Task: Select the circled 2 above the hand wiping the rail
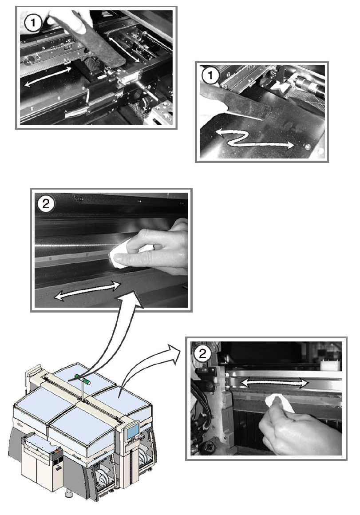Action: pos(46,204)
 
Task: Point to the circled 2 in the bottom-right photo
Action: pos(203,353)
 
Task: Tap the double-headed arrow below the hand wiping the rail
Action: pos(87,290)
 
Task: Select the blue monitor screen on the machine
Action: pos(132,431)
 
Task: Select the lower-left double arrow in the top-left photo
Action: pos(49,76)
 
